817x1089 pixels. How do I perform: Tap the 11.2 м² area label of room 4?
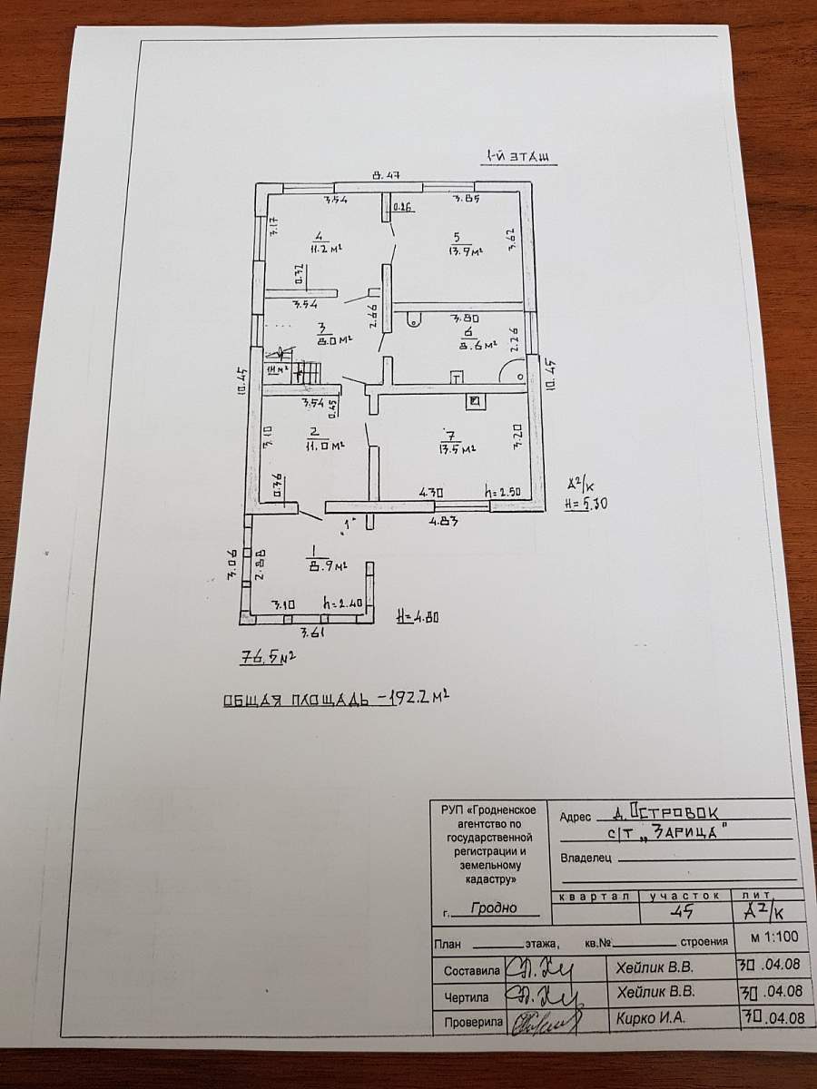coord(293,246)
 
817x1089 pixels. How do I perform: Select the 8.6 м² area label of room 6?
coord(477,345)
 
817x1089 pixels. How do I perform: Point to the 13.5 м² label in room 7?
coord(458,447)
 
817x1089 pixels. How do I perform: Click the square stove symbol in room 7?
coord(474,400)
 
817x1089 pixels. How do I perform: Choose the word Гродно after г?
coord(494,907)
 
